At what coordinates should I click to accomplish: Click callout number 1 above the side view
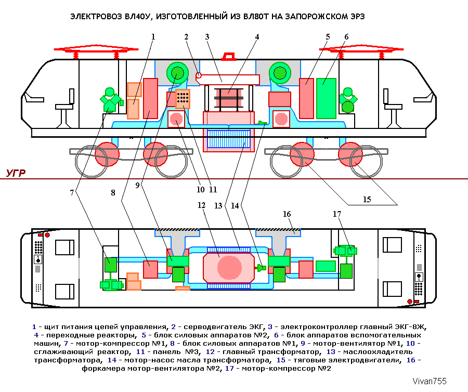tap(153, 36)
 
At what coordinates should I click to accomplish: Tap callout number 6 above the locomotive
tap(346, 36)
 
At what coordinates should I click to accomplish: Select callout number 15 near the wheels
tap(367, 199)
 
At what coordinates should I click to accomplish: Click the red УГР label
tap(16, 173)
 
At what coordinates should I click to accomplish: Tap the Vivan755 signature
tap(430, 381)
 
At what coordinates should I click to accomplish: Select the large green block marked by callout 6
tap(327, 98)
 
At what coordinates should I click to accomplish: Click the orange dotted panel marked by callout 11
tap(183, 98)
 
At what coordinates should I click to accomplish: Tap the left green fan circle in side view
tap(176, 73)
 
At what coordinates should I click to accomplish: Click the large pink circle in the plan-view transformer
tap(229, 267)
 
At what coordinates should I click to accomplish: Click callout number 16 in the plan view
tap(287, 213)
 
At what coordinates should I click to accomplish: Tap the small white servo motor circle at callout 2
tap(199, 76)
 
